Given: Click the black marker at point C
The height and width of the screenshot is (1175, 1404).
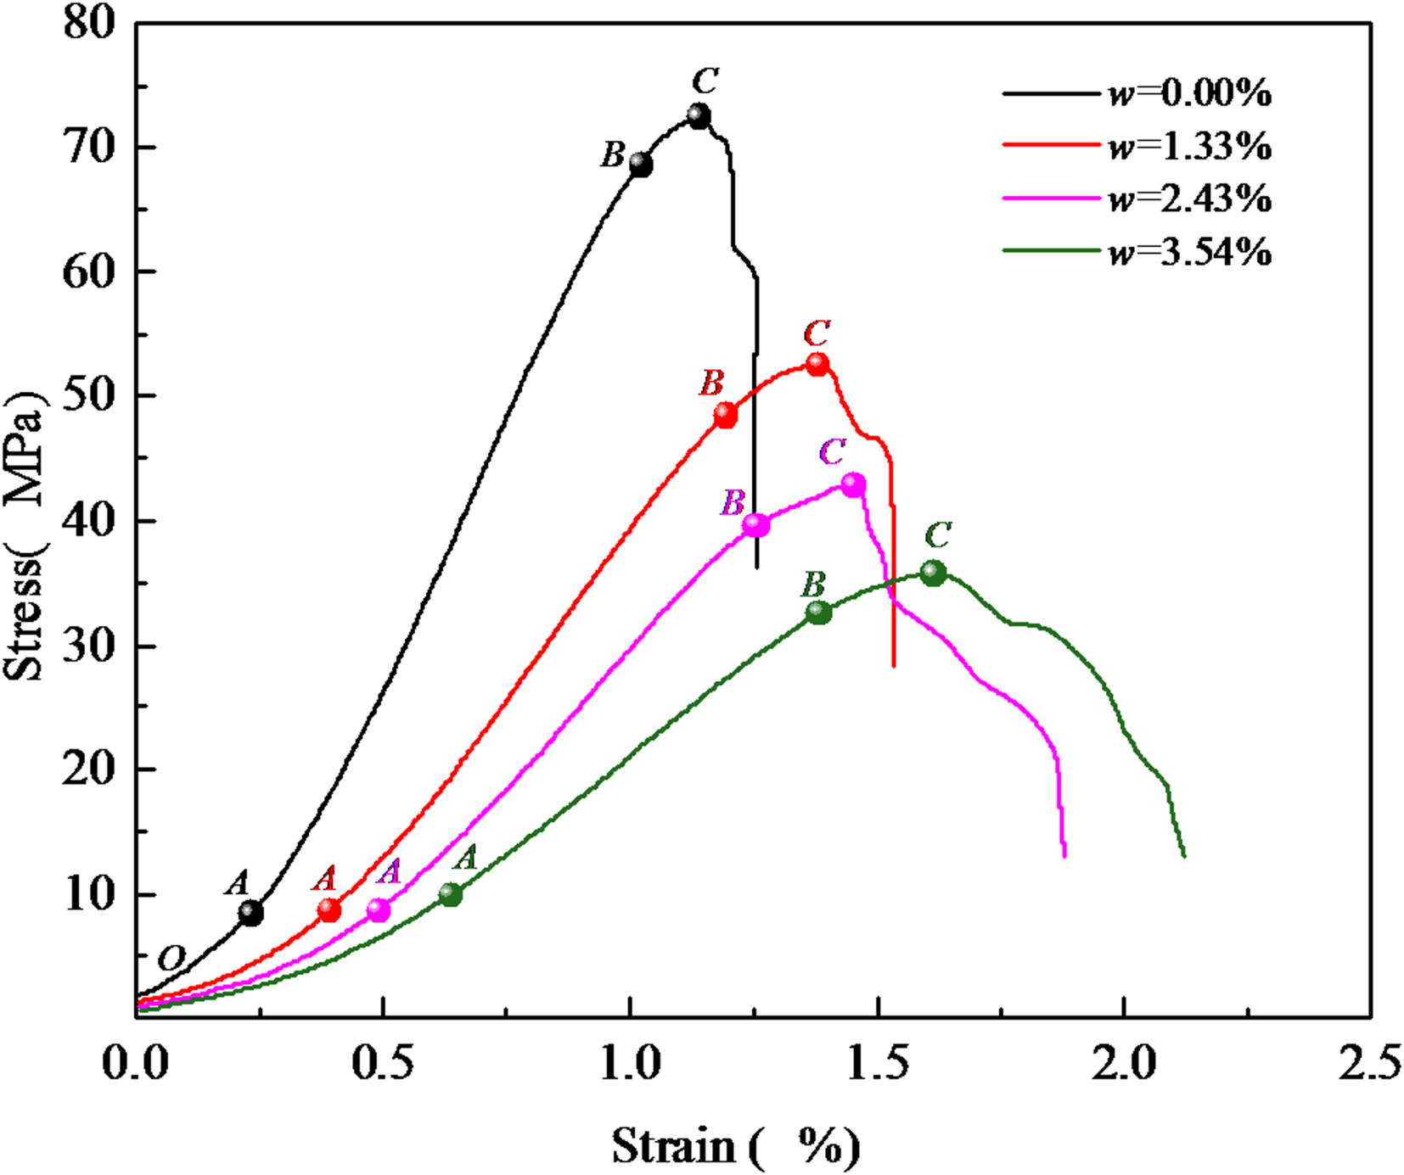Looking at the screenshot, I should point(699,115).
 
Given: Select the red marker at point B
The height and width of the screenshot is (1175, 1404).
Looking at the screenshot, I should point(725,416).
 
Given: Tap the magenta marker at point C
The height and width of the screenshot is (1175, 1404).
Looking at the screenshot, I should point(853,485).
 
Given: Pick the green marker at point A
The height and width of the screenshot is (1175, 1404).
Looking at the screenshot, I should point(451,894).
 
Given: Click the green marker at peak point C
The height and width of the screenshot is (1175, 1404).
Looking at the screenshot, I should point(933,574).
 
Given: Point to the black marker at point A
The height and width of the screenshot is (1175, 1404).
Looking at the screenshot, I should point(250,913).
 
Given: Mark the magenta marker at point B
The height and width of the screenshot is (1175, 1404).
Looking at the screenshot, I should point(755,525).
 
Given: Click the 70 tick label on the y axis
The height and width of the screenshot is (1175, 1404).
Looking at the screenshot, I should point(89,148).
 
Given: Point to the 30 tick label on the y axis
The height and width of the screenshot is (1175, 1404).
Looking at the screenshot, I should point(89,646).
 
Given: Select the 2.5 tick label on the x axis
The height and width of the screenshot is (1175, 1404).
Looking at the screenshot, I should point(1369,1063).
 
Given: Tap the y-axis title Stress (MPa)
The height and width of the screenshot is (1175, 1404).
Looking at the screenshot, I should point(25,536).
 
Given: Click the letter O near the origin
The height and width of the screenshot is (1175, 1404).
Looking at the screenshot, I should point(171,959).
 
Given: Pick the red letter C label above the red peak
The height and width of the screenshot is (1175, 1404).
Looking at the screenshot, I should point(817,333).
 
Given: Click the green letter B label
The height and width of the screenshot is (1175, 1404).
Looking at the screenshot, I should point(813,585).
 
